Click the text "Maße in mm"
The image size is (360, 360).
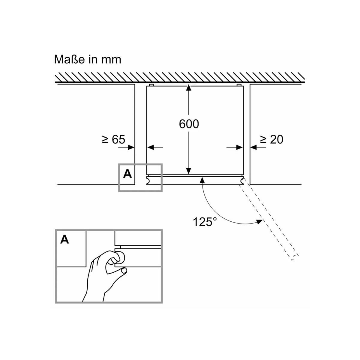point(88,59)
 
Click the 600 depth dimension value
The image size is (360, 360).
point(189,124)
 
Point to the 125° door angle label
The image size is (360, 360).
point(205,222)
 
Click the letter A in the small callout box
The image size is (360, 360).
point(127,174)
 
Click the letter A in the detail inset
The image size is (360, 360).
point(64,239)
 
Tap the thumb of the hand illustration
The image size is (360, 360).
point(123,271)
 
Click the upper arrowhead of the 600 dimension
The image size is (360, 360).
point(188,87)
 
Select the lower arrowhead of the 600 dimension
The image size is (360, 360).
point(188,171)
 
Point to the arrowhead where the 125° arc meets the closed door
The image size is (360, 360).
point(202,179)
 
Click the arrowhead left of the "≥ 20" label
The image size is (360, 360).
point(253,147)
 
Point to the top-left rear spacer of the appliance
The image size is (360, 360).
point(151,85)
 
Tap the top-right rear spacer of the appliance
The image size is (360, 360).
point(239,85)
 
